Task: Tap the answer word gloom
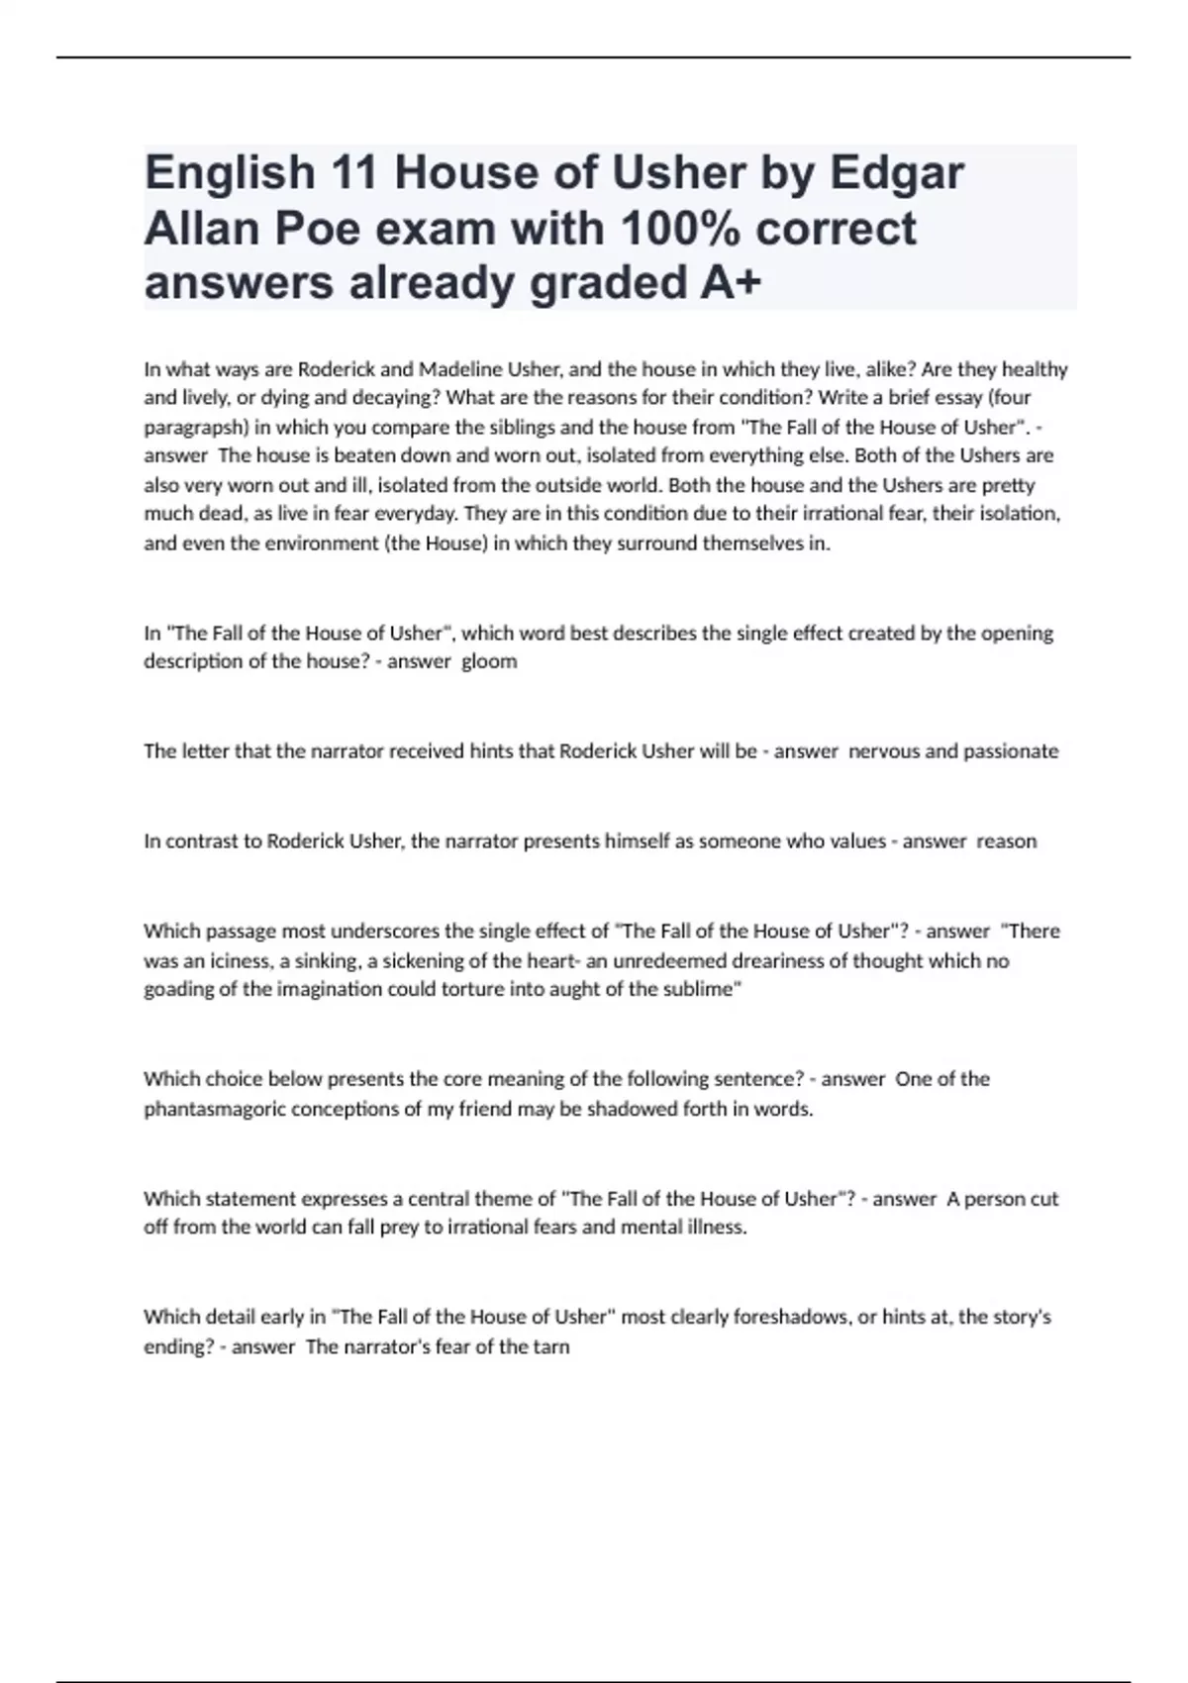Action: pyautogui.click(x=489, y=661)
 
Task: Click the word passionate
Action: pyautogui.click(x=1011, y=751)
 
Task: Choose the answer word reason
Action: pyautogui.click(x=1007, y=841)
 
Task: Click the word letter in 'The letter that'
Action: pyautogui.click(x=204, y=751)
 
